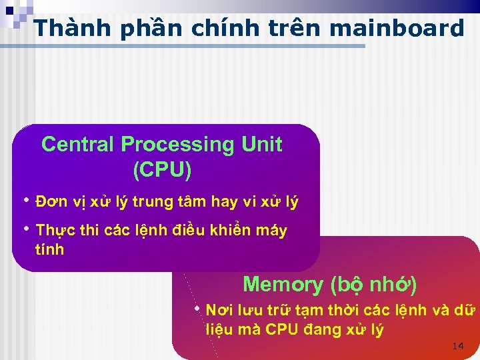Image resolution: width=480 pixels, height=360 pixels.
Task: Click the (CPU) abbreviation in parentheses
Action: coord(162,170)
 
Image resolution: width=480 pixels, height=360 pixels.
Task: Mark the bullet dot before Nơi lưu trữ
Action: coord(197,308)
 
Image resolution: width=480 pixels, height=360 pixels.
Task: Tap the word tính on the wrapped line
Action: coord(49,250)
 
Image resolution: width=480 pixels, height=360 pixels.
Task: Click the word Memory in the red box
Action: coord(283,285)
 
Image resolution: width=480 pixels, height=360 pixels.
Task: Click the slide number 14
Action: coord(457,346)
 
